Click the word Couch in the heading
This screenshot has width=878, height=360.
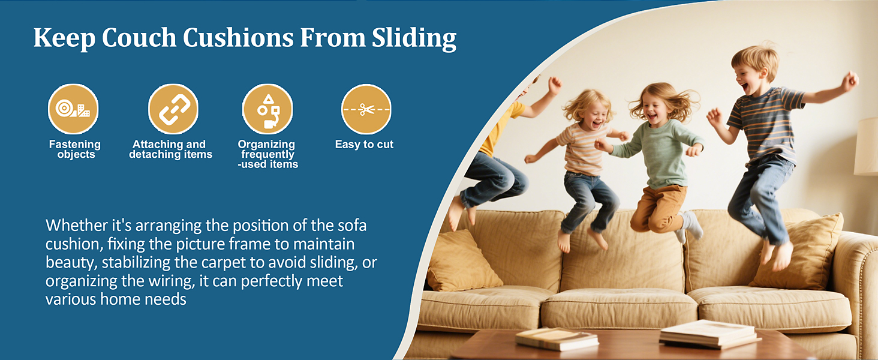139,38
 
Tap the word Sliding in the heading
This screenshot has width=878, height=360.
414,38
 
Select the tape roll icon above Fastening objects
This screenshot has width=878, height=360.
73,109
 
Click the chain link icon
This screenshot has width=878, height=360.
173,109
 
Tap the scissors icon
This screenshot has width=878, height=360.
366,109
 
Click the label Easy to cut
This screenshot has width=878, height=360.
364,145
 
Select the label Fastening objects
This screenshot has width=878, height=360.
75,149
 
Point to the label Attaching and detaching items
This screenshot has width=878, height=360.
170,149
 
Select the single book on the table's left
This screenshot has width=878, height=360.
557,339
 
